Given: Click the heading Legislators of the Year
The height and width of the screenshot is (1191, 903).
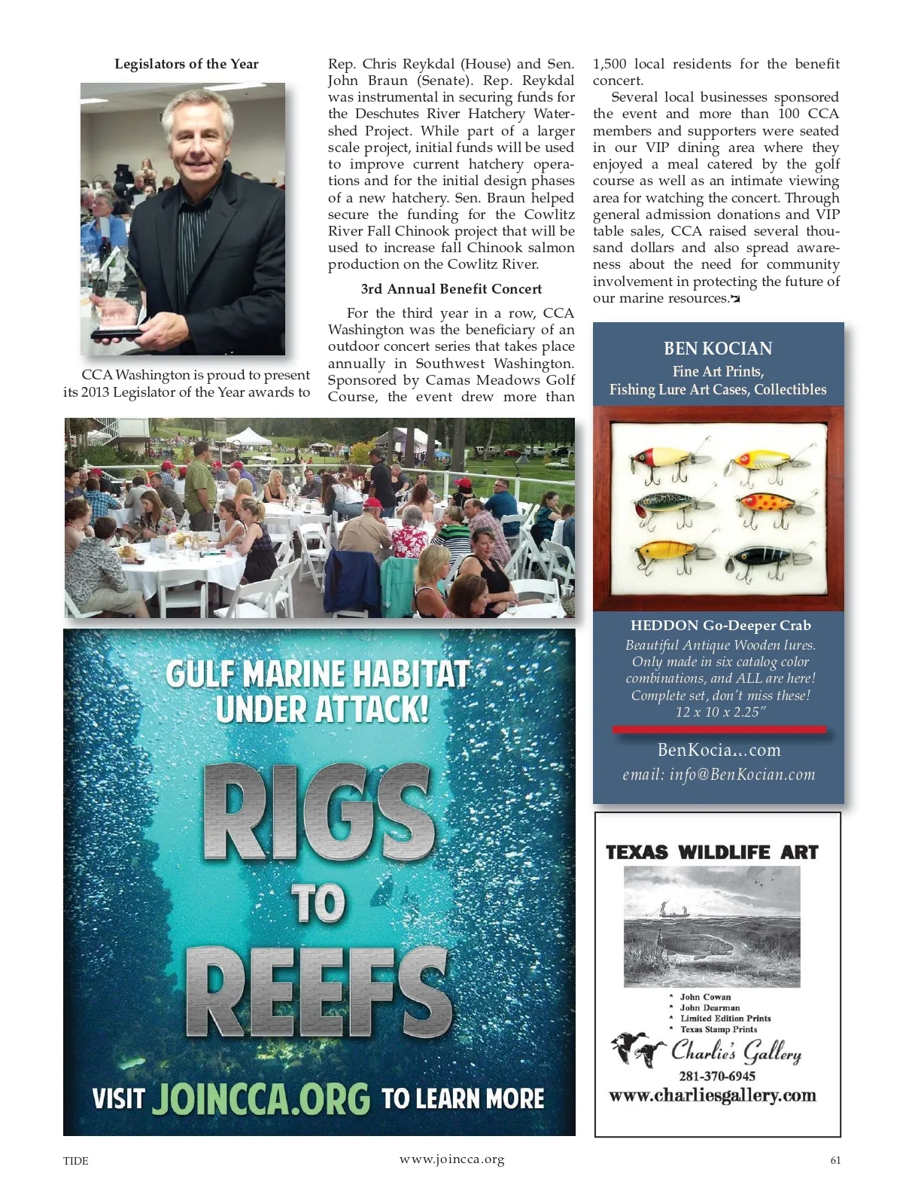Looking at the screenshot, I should tap(186, 64).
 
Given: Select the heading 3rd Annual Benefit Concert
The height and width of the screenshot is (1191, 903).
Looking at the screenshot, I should tap(451, 289).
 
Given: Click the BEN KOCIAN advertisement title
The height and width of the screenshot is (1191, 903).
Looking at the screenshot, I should tap(717, 349).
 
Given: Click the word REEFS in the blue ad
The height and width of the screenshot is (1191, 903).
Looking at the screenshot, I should tap(319, 994).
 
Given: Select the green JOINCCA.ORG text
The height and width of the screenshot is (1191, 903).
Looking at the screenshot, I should tap(261, 1099).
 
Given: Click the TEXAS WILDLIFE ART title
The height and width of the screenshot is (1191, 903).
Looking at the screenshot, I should tap(712, 852).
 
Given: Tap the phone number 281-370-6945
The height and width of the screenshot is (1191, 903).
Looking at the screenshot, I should tap(716, 1076).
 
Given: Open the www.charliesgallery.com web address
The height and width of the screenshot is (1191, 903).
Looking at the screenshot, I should tap(712, 1095).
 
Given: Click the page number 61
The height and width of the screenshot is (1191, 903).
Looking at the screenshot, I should tap(835, 1160).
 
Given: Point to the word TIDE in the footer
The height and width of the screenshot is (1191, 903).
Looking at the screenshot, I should tap(75, 1161).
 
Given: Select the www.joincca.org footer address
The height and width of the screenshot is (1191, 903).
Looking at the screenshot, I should tap(451, 1159).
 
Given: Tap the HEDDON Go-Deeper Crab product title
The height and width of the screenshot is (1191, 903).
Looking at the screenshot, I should tap(720, 626).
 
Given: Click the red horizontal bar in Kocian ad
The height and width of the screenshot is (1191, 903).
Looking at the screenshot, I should tap(719, 730).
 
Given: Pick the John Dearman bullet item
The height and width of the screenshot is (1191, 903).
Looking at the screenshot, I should tap(710, 1007).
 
